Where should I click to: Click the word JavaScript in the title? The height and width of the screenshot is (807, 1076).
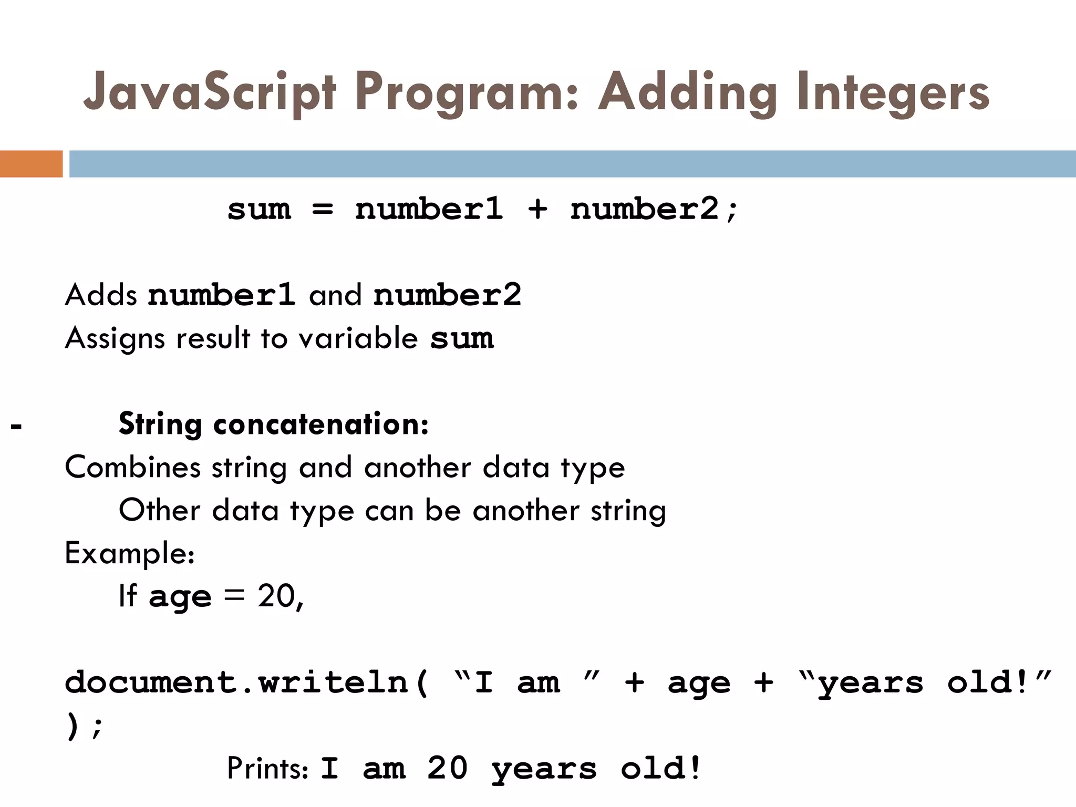pyautogui.click(x=209, y=94)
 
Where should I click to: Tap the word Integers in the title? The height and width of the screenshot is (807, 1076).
pyautogui.click(x=893, y=94)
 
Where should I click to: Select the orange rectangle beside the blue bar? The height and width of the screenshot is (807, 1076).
pyautogui.click(x=31, y=164)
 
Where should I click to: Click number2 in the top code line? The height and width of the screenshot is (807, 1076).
pyautogui.click(x=645, y=209)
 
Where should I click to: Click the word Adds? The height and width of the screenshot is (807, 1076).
pyautogui.click(x=101, y=295)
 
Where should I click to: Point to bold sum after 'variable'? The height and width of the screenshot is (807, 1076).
pyautogui.click(x=462, y=338)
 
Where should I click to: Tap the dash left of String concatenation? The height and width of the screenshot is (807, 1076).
pyautogui.click(x=16, y=426)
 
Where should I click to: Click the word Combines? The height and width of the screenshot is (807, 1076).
pyautogui.click(x=132, y=467)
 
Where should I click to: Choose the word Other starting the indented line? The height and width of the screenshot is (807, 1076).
pyautogui.click(x=159, y=510)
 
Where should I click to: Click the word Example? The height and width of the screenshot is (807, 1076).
pyautogui.click(x=128, y=554)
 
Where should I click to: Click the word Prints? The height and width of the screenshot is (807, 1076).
pyautogui.click(x=266, y=769)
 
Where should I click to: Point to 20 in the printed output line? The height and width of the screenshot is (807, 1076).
pyautogui.click(x=447, y=768)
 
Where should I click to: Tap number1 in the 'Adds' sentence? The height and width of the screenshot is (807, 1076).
pyautogui.click(x=221, y=295)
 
